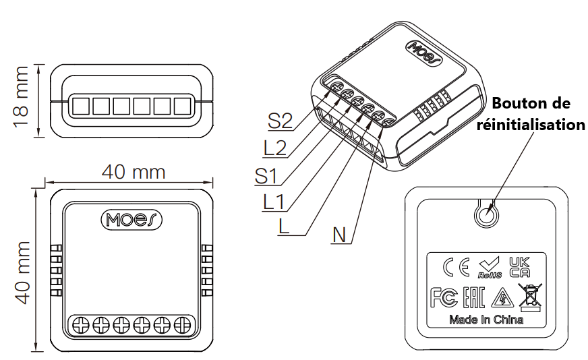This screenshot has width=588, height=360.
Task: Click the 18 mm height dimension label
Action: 21,97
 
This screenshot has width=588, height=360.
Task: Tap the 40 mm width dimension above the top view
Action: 134,172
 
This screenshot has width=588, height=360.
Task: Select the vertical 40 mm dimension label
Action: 22,272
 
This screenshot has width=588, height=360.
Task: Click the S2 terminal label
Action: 280,121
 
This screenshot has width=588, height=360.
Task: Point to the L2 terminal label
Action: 275,148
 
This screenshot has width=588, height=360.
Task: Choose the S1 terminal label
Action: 266,176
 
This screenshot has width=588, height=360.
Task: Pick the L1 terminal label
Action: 274,202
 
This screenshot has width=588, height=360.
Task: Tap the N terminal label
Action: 339,235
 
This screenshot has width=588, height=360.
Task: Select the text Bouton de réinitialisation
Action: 531,114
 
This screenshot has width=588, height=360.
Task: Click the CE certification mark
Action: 456,267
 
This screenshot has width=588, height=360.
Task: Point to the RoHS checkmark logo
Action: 490,268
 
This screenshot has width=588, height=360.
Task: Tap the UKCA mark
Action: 519,267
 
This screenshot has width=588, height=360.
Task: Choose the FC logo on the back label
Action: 444,297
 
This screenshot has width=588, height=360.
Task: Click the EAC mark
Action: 474,297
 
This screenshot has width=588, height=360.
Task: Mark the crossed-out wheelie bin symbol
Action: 530,297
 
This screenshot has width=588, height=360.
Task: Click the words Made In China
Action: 486,320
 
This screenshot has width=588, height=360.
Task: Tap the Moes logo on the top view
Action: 131,220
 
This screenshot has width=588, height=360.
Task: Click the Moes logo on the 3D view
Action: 425,53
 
